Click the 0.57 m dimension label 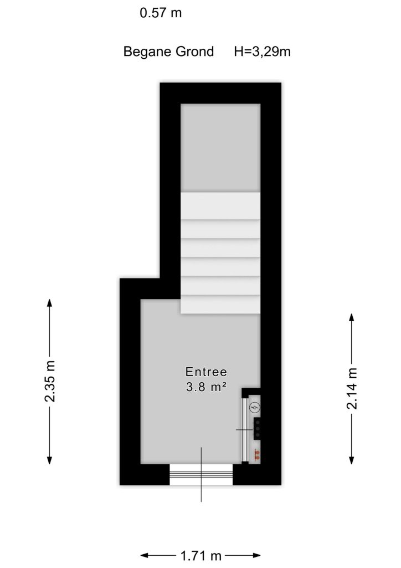click(161, 13)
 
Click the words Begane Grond click(168, 52)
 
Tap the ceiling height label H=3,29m click(262, 52)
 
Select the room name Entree click(206, 372)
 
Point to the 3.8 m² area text click(206, 387)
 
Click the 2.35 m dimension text click(50, 381)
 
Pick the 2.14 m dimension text click(352, 388)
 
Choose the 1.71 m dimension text click(200, 555)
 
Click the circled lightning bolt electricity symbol click(255, 408)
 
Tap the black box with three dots click(257, 429)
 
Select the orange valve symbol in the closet click(257, 455)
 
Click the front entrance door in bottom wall click(201, 474)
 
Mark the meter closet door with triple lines click(245, 430)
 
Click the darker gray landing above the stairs click(220, 148)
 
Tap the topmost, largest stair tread click(220, 205)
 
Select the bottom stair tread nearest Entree click(220, 305)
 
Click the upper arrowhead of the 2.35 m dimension click(49, 303)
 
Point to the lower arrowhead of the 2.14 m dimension click(352, 460)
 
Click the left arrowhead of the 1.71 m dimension click(145, 555)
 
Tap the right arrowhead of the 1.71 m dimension click(256, 555)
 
